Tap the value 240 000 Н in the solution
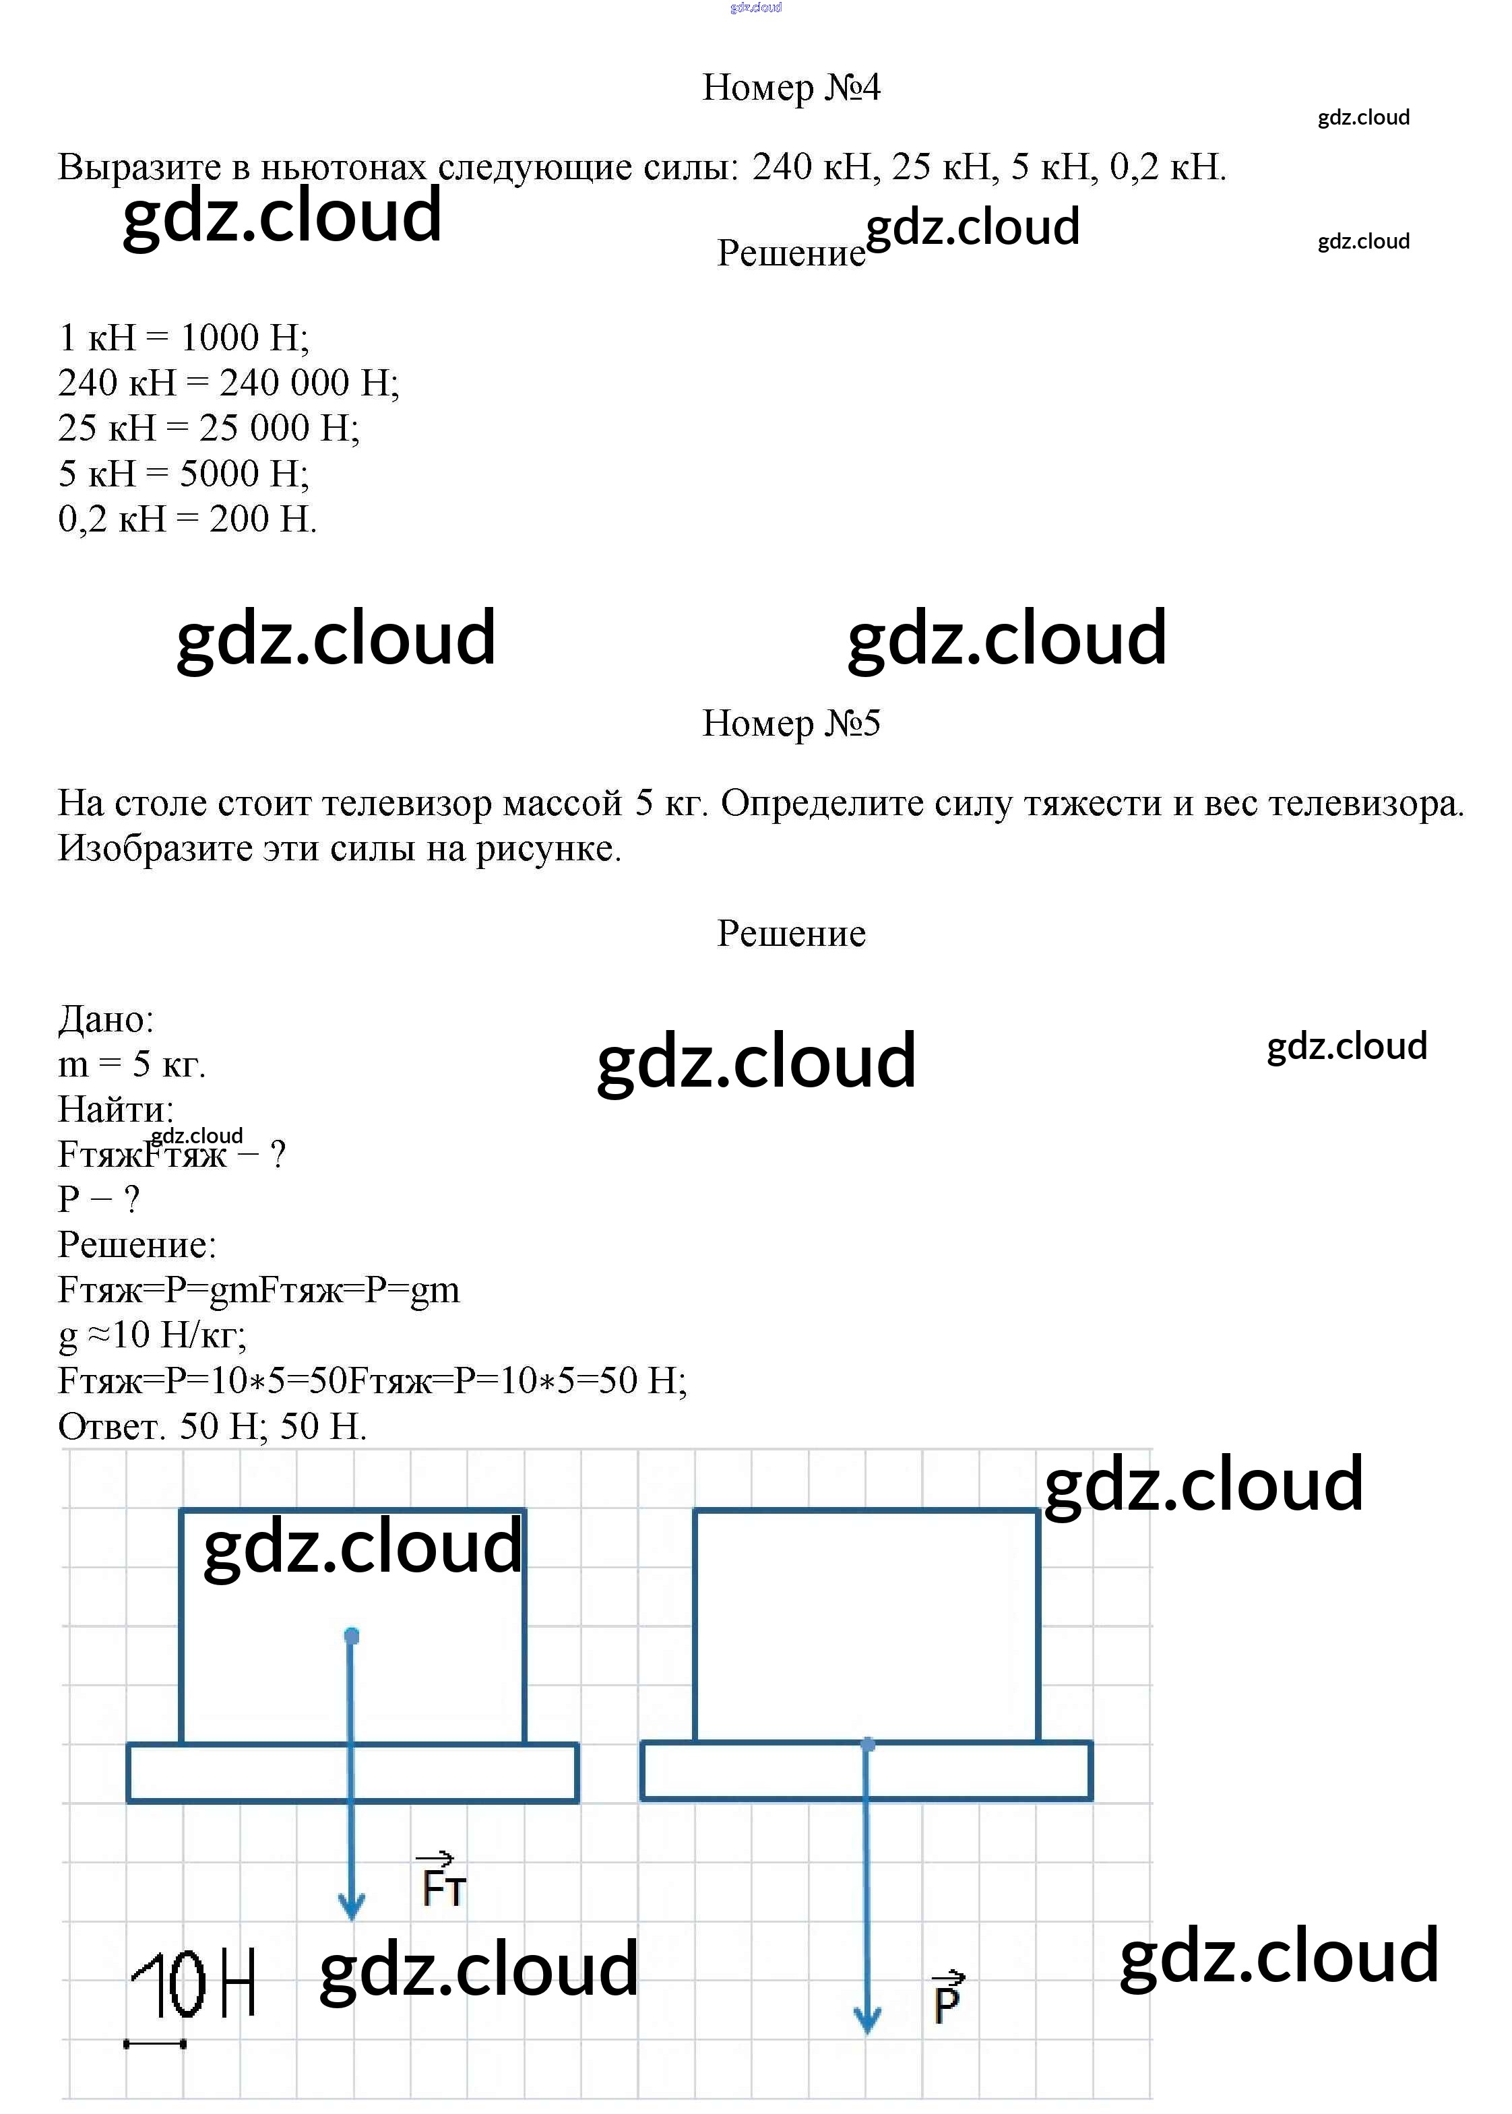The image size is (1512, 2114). pyautogui.click(x=308, y=383)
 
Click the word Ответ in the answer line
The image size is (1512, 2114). pyautogui.click(x=111, y=1426)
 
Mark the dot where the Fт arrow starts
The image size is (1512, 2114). pyautogui.click(x=351, y=1636)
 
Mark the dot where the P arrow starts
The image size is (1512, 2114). pyautogui.click(x=868, y=1743)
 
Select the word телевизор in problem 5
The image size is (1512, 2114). pyautogui.click(x=407, y=803)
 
